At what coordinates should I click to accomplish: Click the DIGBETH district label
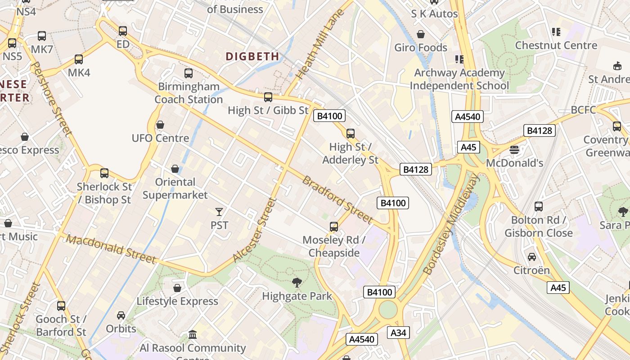252,56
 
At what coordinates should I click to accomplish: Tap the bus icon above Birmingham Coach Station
189,73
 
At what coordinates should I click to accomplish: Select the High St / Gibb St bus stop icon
268,97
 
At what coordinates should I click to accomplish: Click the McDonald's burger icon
514,149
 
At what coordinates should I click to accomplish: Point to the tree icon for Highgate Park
297,283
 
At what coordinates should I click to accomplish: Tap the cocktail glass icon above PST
219,211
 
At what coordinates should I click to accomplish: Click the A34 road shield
398,333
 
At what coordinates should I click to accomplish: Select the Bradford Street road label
337,199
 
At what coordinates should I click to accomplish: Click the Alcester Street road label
254,229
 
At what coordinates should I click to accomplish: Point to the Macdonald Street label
111,249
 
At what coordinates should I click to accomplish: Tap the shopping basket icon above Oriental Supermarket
175,169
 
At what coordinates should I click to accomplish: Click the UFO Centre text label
160,138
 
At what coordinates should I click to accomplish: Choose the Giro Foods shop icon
421,34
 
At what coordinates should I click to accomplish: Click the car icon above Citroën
532,256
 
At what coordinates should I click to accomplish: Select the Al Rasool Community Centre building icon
193,334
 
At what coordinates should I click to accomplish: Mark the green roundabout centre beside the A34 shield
388,310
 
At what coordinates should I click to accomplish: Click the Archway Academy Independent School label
459,79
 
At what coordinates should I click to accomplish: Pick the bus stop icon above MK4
79,59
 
